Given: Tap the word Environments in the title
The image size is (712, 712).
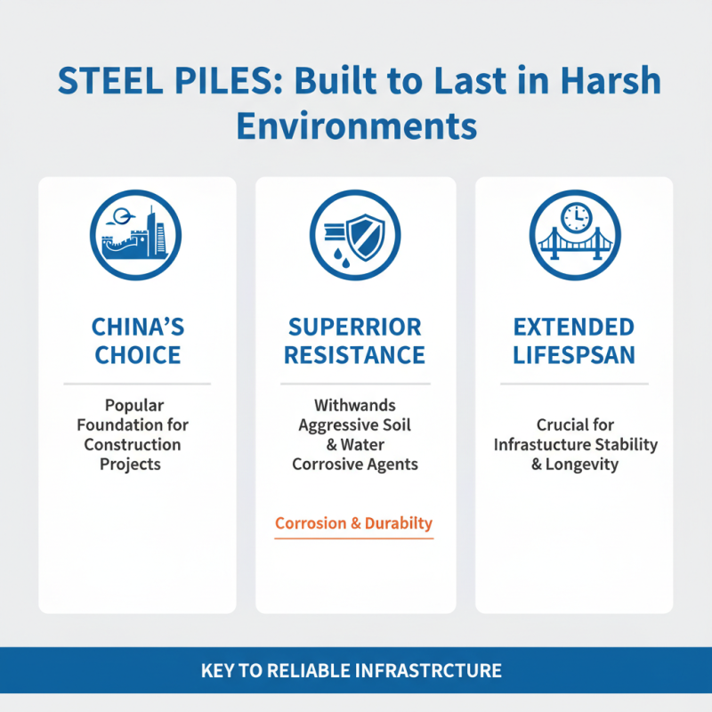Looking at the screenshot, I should pos(356,125).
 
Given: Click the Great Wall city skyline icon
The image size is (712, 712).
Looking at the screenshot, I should pos(136,234).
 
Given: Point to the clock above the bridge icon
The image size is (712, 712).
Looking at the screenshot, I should pos(575,217).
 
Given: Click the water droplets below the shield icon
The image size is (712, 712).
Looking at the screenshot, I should pos(344,255).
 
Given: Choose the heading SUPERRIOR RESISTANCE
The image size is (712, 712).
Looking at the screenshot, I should pos(355,341).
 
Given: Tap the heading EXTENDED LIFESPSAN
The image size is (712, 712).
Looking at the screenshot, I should pos(574,341).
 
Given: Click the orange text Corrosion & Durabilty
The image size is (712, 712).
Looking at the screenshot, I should pos(354,523).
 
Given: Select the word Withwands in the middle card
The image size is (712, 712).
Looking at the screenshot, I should pos(355,406).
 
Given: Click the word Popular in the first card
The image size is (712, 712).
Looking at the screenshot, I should pos(136,406).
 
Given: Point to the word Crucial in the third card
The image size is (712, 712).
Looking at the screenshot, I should pos(575,425).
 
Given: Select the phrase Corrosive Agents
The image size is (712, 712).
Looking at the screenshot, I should pos(355,464).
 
